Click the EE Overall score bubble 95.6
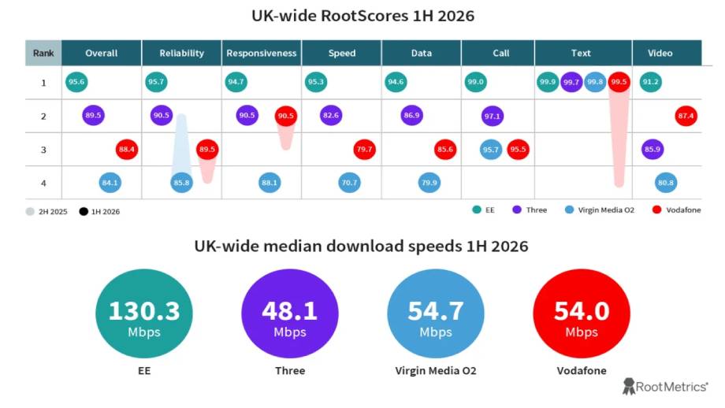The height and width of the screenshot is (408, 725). point(76,82)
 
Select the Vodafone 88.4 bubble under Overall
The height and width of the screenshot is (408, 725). point(127,149)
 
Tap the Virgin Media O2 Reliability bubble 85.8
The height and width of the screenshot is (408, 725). point(182,183)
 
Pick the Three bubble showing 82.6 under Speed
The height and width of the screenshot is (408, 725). point(331,116)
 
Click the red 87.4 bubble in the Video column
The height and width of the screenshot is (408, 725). point(686,116)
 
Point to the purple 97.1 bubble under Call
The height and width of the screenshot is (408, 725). point(493,116)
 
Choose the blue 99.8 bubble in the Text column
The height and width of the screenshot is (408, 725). point(595,82)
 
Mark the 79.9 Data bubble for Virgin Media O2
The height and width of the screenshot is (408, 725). point(429,183)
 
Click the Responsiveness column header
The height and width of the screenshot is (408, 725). point(262,53)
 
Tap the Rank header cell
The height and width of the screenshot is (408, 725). point(43,53)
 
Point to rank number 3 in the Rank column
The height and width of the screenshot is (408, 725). point(43,150)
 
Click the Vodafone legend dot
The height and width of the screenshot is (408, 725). point(656,210)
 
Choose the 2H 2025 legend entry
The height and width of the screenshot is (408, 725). point(46,212)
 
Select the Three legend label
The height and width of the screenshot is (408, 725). point(537,210)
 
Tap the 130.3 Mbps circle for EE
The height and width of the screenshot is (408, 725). point(144,313)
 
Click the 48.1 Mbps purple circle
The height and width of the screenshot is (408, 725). point(290,313)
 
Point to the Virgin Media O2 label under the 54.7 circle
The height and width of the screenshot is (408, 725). point(436,370)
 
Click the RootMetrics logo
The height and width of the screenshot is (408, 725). point(665,386)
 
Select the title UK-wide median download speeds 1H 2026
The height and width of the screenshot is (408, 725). point(361,247)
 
